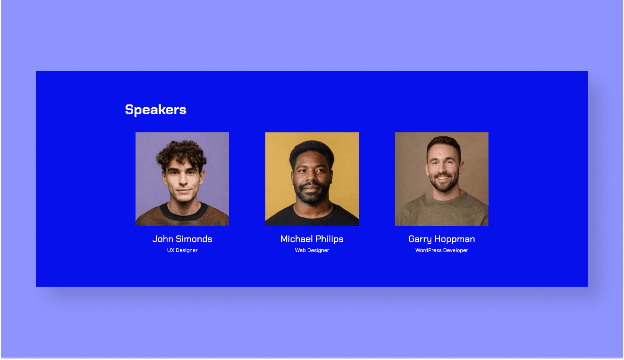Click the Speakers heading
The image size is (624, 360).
[156, 110]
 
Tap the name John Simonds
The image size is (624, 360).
[182, 239]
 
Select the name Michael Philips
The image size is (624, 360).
[312, 239]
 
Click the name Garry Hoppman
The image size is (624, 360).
[442, 239]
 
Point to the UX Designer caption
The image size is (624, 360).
[182, 250]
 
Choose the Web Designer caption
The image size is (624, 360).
[312, 250]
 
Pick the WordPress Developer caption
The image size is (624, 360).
[442, 250]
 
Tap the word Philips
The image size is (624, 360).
[329, 239]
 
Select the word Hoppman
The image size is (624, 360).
[455, 239]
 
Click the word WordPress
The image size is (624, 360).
[429, 250]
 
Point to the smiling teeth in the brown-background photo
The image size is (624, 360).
[443, 178]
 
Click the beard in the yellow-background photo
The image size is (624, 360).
[311, 194]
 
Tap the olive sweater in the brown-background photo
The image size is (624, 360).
[442, 210]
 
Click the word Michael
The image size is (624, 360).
[296, 239]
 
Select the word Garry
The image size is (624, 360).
[420, 239]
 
